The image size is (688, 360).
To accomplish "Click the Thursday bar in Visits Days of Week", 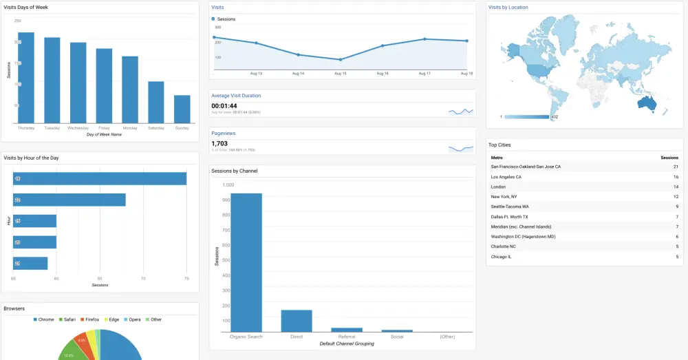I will [x=26, y=78].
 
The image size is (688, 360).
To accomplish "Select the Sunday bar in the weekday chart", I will [x=182, y=109].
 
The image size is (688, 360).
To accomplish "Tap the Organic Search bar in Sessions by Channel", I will [x=246, y=262].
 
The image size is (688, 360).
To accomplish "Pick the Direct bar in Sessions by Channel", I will [x=297, y=321].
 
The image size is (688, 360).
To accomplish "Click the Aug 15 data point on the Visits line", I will [x=340, y=60].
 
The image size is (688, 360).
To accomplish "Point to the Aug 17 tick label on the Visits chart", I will [x=424, y=73].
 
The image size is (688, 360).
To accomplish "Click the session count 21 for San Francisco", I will [x=676, y=167].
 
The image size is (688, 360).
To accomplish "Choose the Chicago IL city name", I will [x=502, y=257].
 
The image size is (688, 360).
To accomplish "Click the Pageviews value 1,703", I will [x=219, y=143].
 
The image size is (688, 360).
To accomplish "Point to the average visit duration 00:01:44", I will [x=224, y=105].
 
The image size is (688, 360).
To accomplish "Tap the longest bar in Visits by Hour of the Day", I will [x=100, y=178].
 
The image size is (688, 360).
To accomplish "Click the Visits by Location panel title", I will [x=508, y=7].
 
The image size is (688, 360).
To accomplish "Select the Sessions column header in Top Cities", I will [x=669, y=158].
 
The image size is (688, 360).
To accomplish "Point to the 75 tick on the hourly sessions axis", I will [x=186, y=279].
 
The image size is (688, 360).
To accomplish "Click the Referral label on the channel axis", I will [x=347, y=337].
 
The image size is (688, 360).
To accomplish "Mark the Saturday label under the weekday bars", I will [x=156, y=128].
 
